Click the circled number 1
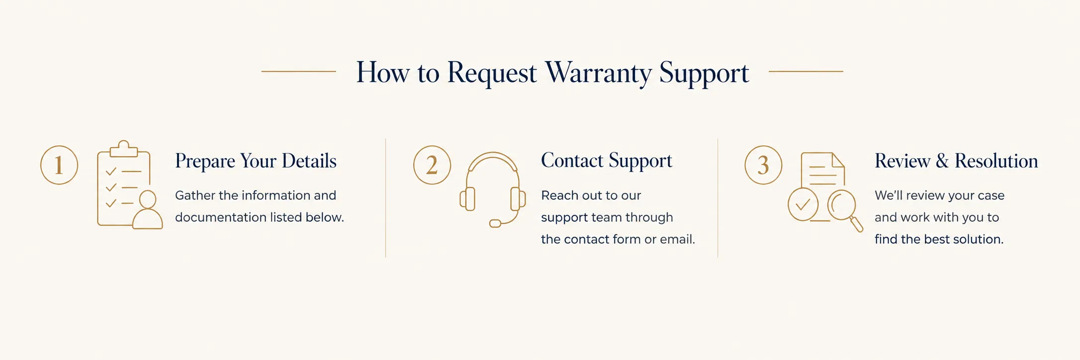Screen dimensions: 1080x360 point(59,165)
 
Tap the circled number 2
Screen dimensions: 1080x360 point(432,165)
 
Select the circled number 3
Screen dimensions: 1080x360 point(763,165)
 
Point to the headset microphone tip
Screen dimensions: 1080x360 point(495,224)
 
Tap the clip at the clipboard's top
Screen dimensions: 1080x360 point(124,149)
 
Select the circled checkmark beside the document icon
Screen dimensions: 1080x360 point(803,204)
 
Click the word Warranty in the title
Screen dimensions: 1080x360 point(598,73)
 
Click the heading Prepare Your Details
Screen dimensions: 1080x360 point(256,161)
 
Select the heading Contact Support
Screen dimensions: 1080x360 point(607,161)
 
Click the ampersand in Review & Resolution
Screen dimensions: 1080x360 point(942,161)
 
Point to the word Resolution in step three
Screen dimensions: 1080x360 point(996,161)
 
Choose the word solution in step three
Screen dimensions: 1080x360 point(979,239)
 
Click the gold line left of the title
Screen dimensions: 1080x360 point(299,72)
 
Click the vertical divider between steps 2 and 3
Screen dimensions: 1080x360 point(718,198)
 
